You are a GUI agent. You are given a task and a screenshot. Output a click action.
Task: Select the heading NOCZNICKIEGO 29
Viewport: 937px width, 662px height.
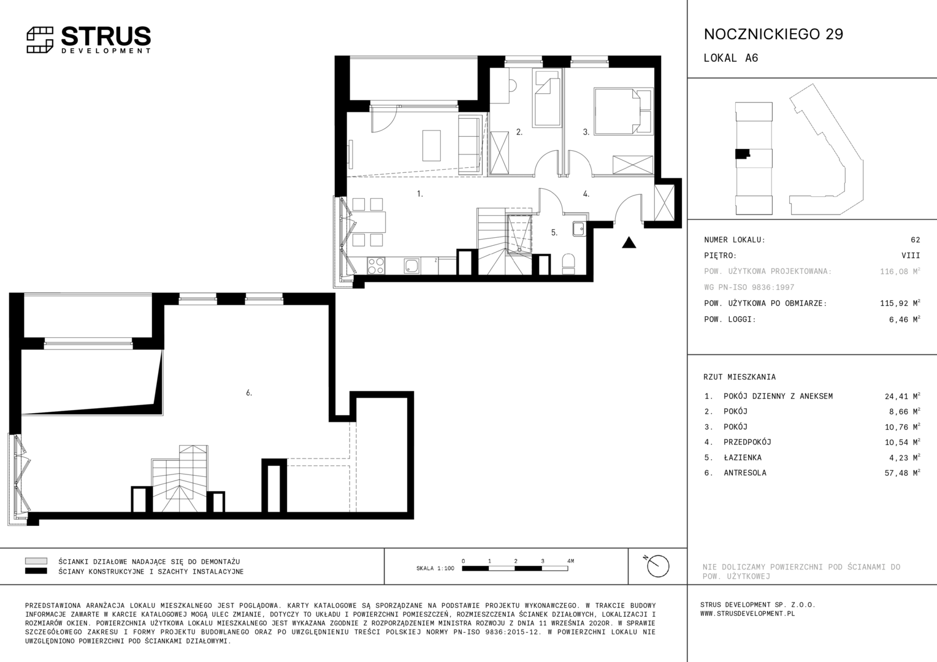coord(773,34)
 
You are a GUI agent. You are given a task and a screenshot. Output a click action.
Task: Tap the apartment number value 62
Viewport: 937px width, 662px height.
coord(916,240)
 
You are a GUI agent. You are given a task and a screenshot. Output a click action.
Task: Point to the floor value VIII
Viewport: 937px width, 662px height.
coord(911,256)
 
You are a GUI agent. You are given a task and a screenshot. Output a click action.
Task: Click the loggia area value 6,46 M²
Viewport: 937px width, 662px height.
coord(904,319)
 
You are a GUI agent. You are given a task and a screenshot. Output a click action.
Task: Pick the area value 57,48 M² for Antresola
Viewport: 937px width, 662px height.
coord(902,473)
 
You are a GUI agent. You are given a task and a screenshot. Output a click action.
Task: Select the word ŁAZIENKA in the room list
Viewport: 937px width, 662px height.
coord(743,457)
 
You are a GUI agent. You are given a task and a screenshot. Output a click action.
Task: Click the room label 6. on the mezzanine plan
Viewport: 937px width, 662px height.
coord(249,393)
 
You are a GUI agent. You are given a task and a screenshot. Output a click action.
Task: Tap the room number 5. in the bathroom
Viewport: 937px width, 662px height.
coord(554,232)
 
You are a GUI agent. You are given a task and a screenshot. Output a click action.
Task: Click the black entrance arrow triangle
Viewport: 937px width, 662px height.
coord(629,243)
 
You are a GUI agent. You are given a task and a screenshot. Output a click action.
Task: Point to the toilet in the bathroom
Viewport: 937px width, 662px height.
coord(568,264)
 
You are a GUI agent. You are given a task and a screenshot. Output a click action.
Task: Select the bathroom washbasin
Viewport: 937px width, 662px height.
coord(579,229)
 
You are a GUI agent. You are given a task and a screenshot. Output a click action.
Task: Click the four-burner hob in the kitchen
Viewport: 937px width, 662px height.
coord(376,265)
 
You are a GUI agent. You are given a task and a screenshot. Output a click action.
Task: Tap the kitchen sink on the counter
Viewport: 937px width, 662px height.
coord(412,266)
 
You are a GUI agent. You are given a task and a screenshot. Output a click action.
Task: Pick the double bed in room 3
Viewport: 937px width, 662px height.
coord(623,111)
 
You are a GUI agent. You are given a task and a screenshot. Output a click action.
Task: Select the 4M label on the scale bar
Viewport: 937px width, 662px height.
coord(570,561)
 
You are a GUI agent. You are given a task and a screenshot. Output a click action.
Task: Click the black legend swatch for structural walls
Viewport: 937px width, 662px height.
coord(36,571)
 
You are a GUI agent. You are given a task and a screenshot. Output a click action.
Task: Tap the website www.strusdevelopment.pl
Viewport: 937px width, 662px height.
coord(748,614)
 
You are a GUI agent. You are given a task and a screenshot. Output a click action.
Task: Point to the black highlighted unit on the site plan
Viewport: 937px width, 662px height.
coord(742,154)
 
